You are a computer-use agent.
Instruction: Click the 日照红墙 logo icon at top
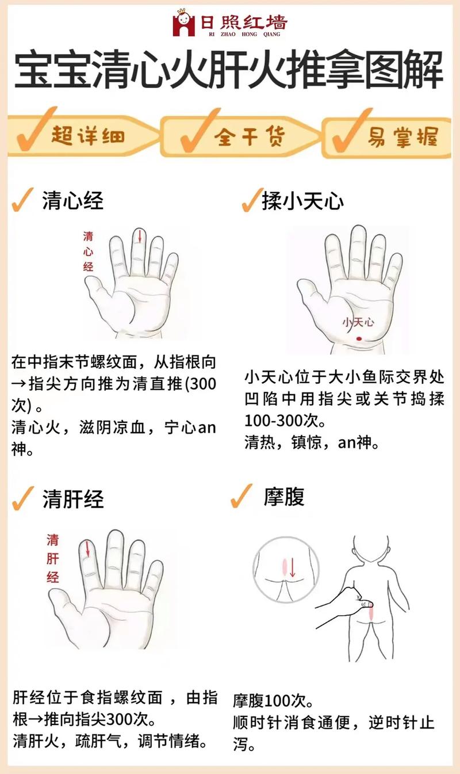tap(183, 24)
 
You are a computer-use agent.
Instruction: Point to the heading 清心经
tap(72, 201)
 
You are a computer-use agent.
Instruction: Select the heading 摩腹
tap(283, 496)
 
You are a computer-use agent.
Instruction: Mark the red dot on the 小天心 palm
tap(359, 337)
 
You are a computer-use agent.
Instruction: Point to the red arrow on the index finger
tap(87, 548)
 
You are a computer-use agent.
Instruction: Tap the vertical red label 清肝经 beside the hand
tap(53, 558)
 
